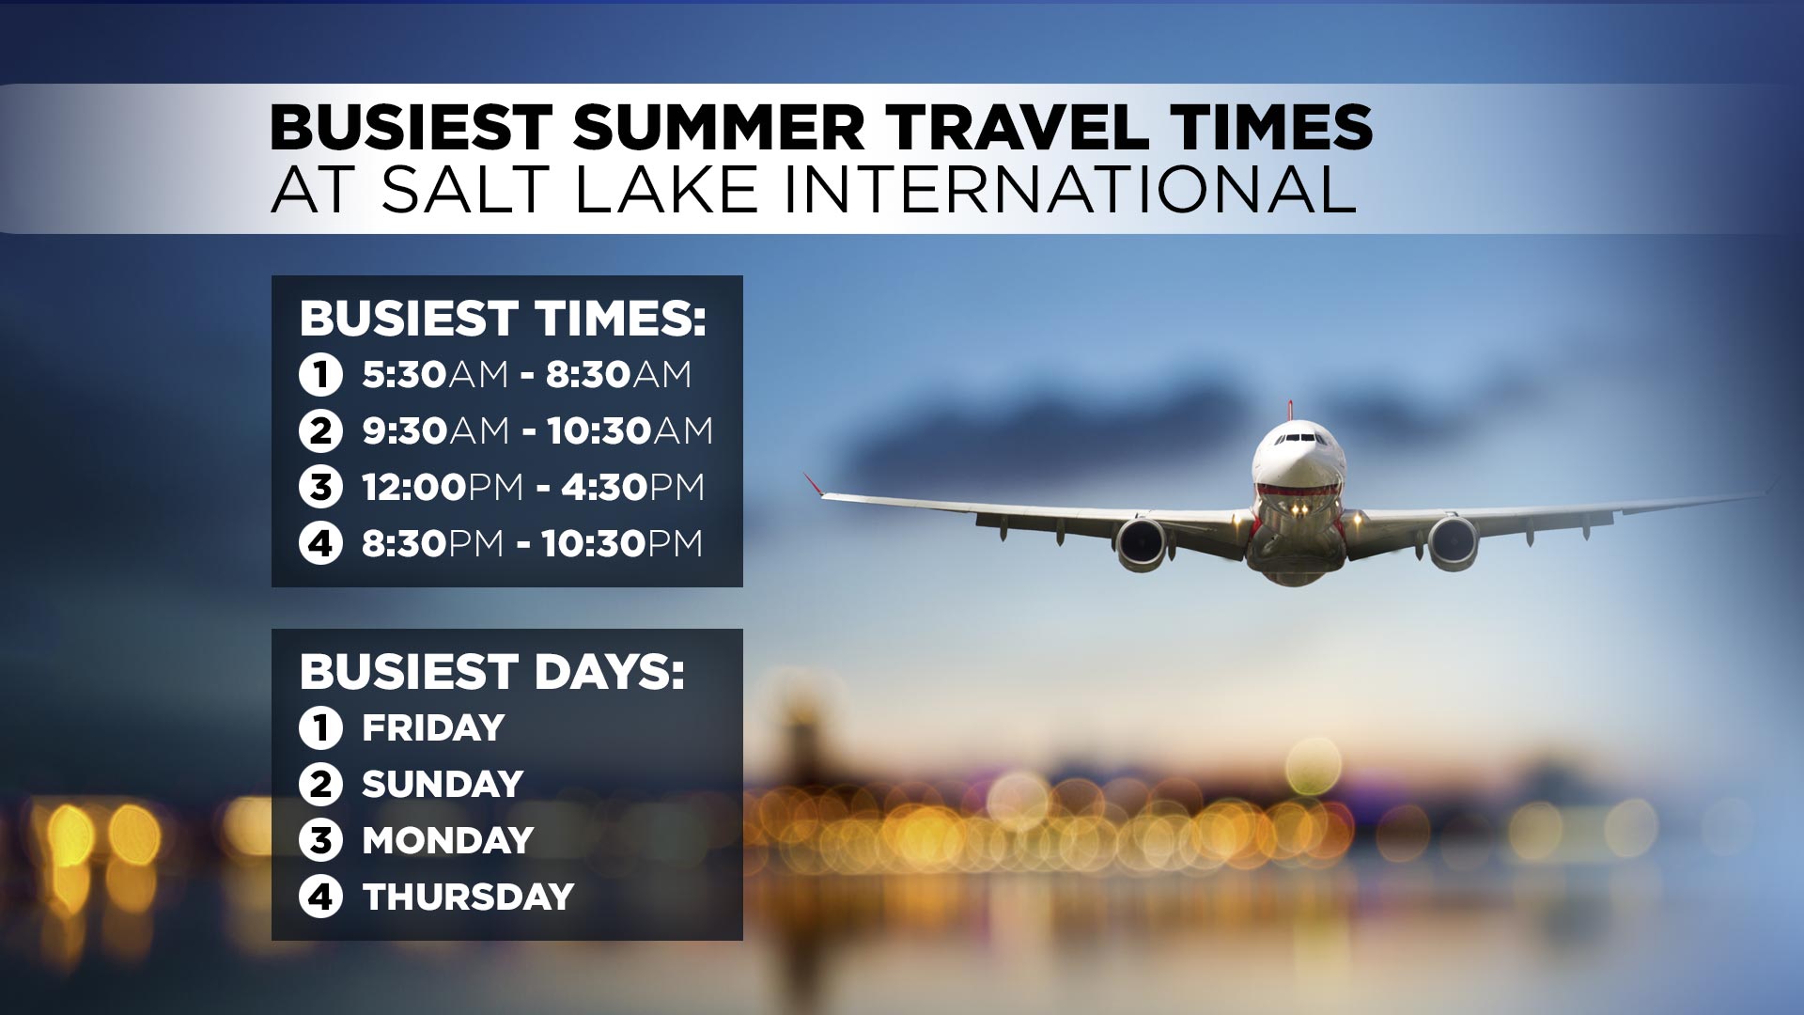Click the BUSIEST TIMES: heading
click(503, 319)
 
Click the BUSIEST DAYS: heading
click(492, 672)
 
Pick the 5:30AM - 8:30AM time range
click(527, 374)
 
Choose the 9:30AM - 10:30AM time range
click(537, 430)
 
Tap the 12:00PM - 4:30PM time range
click(533, 487)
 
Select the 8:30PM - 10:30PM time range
click(532, 543)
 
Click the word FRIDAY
click(433, 727)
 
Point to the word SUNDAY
click(443, 784)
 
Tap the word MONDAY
click(448, 840)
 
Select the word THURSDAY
click(468, 897)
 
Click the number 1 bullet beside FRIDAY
click(320, 728)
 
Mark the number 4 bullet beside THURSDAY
click(320, 898)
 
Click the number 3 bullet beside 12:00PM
click(320, 488)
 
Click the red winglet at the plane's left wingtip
click(813, 483)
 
